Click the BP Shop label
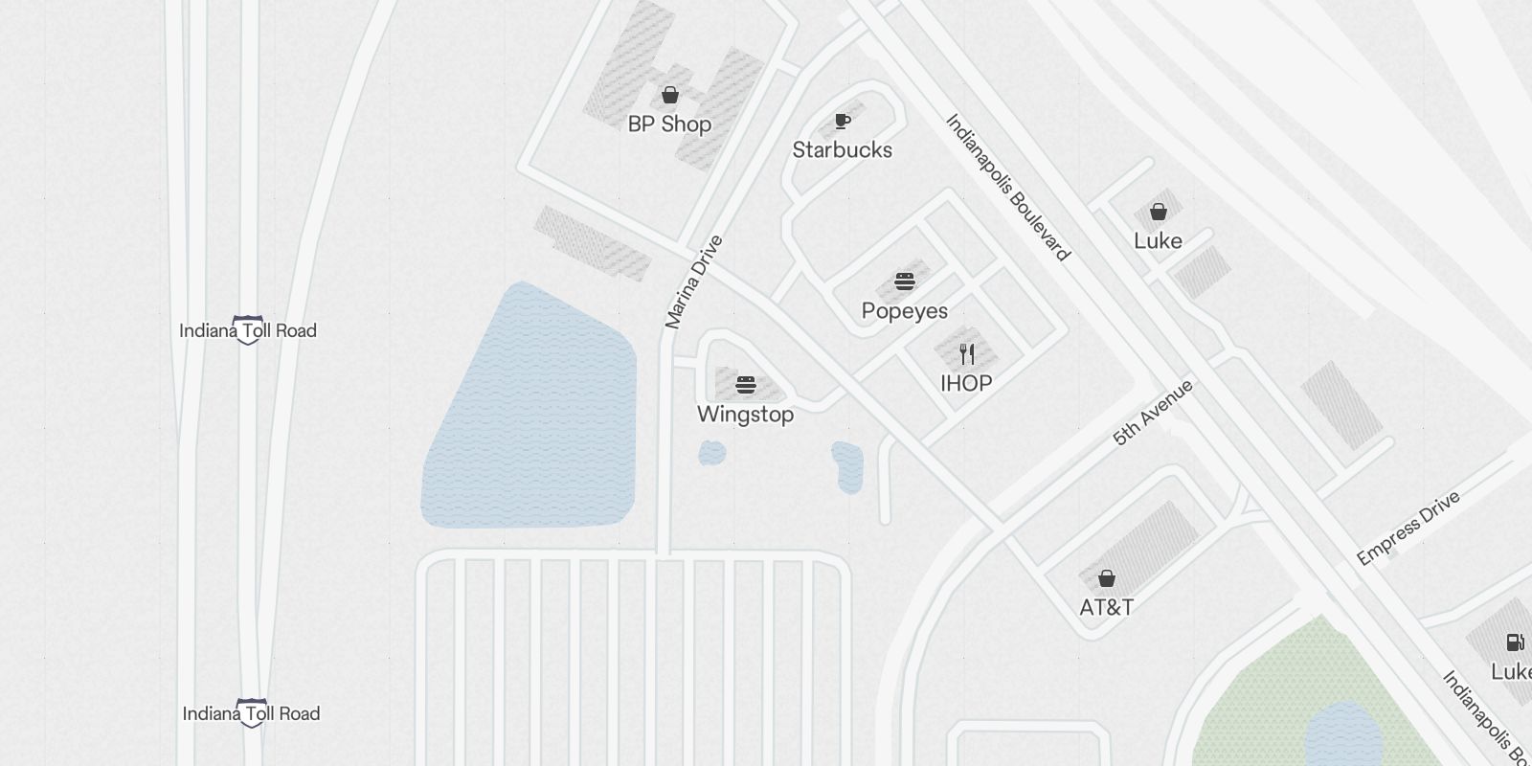[x=669, y=124]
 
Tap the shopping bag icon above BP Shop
[x=670, y=95]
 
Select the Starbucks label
[x=842, y=150]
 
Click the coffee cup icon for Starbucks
[x=842, y=121]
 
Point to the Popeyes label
[x=904, y=311]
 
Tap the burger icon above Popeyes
[x=905, y=282]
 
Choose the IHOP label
[x=966, y=384]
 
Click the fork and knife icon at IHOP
[x=967, y=354]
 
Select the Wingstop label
[x=745, y=415]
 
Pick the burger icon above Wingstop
[x=746, y=385]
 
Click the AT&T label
[x=1106, y=608]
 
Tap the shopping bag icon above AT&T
[x=1106, y=578]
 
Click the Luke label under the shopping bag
[x=1158, y=241]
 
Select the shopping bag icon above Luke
[x=1158, y=212]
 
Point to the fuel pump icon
[x=1515, y=642]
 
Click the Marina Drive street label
[x=693, y=282]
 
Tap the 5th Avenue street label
[x=1153, y=413]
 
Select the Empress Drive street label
[x=1408, y=528]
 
